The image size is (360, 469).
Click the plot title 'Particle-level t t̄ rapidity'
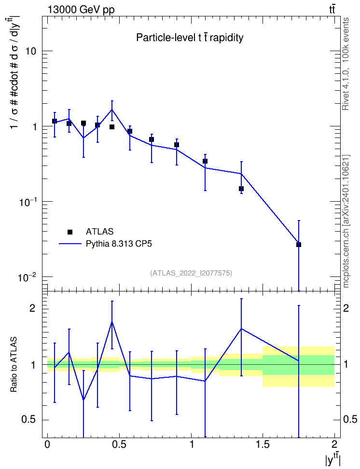click(x=190, y=38)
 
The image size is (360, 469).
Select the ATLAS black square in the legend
click(x=70, y=232)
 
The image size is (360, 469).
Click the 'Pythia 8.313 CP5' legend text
click(x=119, y=244)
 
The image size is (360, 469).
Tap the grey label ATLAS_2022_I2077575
click(x=191, y=273)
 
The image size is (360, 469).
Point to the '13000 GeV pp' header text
click(x=81, y=10)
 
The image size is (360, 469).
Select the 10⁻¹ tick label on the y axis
click(x=27, y=201)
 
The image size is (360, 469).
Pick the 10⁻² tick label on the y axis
click(x=27, y=276)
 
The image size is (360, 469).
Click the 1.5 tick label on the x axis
click(x=263, y=444)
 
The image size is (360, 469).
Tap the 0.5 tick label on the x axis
click(x=119, y=444)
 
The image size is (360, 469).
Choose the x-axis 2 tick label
click(x=334, y=444)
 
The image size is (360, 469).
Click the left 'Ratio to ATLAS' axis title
click(x=14, y=364)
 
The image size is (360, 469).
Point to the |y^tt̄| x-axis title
click(x=333, y=459)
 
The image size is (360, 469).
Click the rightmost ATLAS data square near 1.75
click(x=299, y=245)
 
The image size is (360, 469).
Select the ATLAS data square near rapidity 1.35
click(x=241, y=189)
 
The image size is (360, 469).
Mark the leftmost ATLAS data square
click(x=55, y=121)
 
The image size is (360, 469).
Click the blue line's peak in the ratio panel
click(x=112, y=322)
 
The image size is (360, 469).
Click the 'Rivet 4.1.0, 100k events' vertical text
click(x=346, y=64)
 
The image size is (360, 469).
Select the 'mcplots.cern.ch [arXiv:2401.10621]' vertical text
click(x=346, y=221)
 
